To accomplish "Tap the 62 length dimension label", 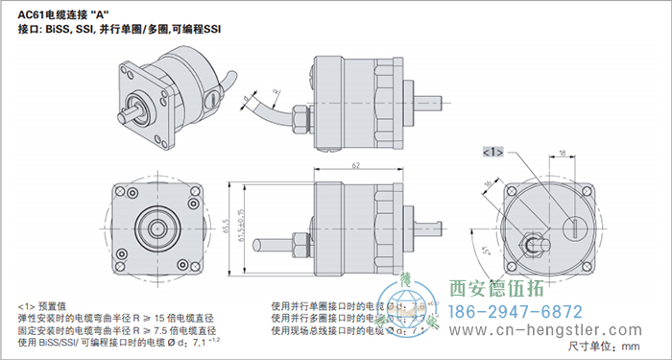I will click(355, 166).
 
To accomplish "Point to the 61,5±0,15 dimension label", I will click(242, 223).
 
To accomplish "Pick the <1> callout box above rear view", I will click(492, 152).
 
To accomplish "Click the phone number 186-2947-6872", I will click(516, 312).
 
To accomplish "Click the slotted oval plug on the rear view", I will click(570, 228).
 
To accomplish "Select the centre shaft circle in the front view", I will click(156, 228).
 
